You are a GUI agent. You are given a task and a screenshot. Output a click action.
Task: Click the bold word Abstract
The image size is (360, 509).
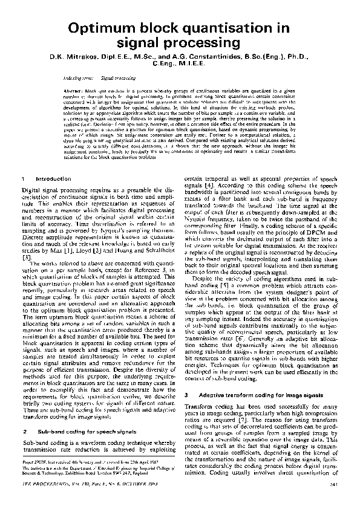coord(73,89)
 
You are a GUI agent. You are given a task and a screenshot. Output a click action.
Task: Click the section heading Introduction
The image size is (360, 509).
coord(50,179)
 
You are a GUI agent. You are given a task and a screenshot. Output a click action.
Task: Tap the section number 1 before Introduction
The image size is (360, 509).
coord(22,179)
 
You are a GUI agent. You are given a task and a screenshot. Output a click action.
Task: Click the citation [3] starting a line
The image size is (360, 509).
coord(25,258)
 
